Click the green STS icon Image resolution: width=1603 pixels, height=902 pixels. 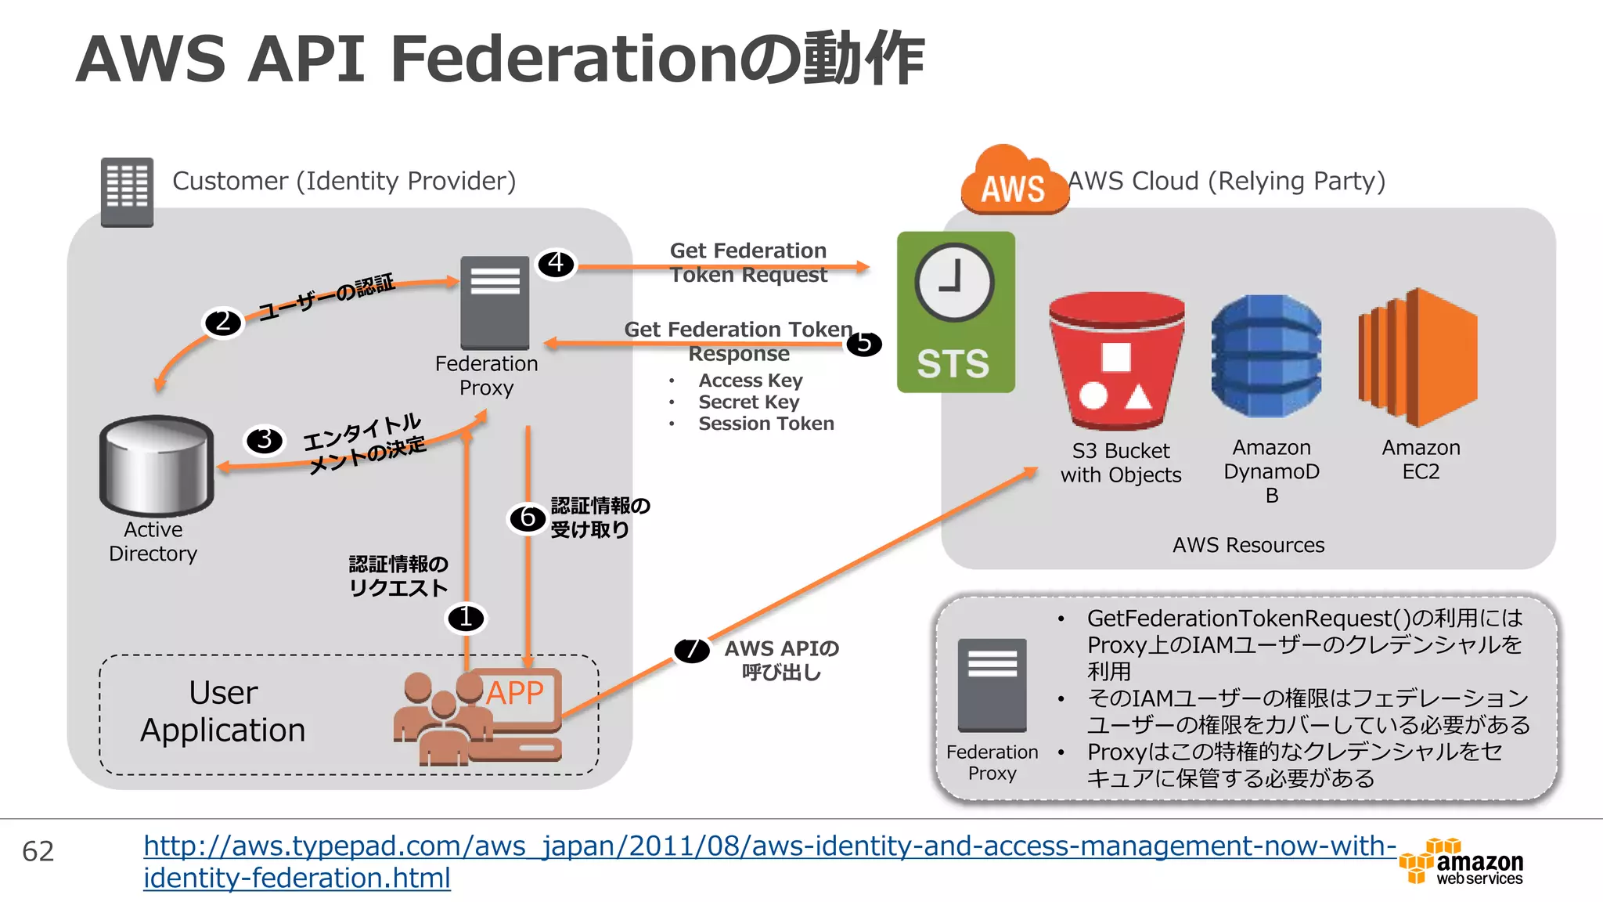tap(955, 312)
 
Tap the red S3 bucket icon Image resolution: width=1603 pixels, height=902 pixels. tap(1116, 360)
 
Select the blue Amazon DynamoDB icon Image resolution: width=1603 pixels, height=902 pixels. tap(1266, 355)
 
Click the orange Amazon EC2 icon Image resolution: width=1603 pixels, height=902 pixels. tap(1418, 357)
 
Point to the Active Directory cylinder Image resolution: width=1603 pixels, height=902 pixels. tap(157, 465)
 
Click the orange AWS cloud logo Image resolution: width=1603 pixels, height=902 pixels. tap(1013, 182)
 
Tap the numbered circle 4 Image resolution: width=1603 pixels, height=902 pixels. tap(556, 263)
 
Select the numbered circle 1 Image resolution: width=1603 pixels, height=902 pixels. tap(466, 618)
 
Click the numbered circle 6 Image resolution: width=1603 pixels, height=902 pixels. tap(528, 518)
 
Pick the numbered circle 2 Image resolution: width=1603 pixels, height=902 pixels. tap(223, 322)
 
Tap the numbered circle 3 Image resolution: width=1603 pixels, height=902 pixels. tap(265, 440)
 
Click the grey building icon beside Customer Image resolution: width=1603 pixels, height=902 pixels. tap(127, 192)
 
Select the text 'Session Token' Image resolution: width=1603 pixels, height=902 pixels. tap(765, 424)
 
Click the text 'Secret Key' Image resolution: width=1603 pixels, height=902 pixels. tap(748, 402)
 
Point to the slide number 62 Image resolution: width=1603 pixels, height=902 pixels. tap(38, 851)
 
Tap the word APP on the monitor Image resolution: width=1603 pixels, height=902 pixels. tap(514, 692)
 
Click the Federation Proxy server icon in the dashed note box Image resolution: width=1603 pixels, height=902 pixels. tap(992, 684)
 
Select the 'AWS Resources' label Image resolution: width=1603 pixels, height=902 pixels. tap(1248, 545)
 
